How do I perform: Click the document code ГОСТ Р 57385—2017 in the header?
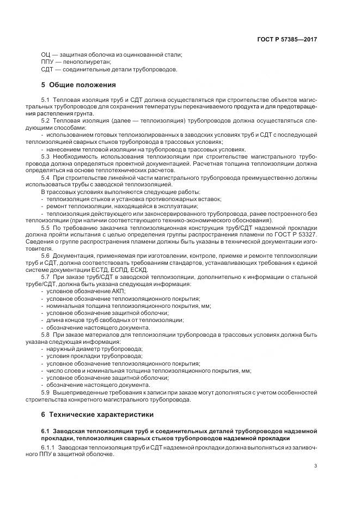point(287,40)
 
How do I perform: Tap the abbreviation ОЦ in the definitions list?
point(46,55)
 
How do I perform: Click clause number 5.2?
point(45,120)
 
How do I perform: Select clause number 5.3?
point(45,157)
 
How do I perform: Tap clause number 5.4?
point(45,178)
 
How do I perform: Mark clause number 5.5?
point(45,228)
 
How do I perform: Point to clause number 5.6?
point(45,256)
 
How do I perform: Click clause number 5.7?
point(45,277)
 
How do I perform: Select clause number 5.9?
point(45,392)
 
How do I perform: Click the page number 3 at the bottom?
point(315,466)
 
